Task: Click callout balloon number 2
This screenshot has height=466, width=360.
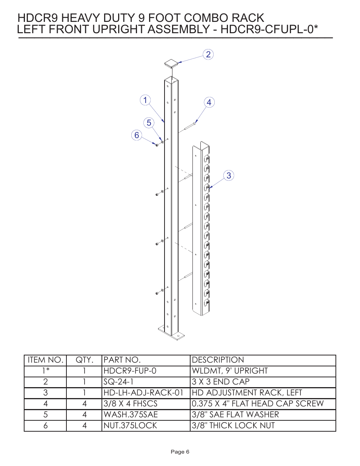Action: click(208, 54)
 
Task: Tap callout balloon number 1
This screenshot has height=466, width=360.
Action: click(145, 100)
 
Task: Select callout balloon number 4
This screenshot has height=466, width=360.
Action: click(209, 102)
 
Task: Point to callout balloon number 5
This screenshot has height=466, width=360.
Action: click(149, 123)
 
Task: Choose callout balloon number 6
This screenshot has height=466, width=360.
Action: click(137, 135)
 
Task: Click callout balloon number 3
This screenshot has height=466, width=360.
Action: click(229, 175)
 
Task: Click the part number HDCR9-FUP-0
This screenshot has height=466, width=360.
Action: click(130, 371)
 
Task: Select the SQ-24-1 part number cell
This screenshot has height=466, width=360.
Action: click(118, 382)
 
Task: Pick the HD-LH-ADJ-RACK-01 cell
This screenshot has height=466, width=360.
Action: click(143, 393)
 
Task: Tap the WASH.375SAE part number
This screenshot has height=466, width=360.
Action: click(131, 415)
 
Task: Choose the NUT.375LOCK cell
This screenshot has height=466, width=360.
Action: click(130, 426)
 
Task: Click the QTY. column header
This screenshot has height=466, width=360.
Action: click(84, 360)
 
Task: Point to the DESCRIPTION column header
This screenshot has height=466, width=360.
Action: click(218, 360)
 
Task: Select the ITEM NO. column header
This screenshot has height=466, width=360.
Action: click(45, 360)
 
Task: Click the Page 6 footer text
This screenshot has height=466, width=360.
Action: click(180, 452)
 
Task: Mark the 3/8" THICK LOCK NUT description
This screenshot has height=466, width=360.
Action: click(233, 426)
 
